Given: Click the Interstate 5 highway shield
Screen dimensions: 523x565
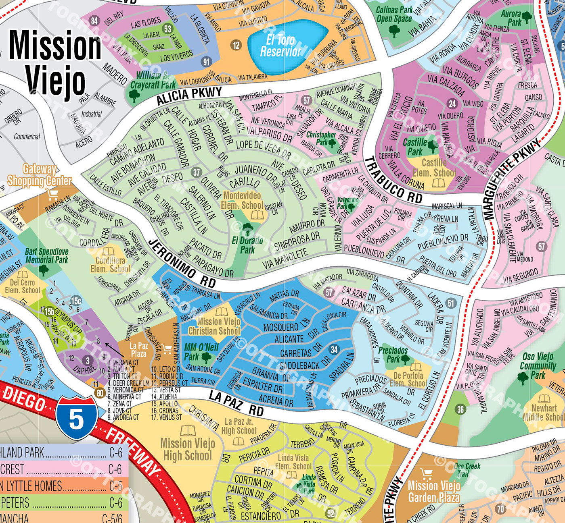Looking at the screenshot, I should pos(76,417).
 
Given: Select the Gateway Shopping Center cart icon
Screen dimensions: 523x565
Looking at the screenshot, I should pos(52,194).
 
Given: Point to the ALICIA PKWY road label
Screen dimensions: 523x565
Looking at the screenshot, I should pos(189,95).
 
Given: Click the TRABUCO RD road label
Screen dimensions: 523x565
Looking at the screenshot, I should pos(393,180).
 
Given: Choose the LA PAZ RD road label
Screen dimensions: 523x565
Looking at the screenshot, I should pos(236,404).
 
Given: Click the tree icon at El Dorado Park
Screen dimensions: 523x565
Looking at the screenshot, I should pos(247,230).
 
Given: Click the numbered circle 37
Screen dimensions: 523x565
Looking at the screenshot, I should pos(197,172).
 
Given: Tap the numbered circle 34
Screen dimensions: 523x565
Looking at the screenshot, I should pos(334,349).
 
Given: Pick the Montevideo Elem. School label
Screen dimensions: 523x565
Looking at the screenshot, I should pos(242,200).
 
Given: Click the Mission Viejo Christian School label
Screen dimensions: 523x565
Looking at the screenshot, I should pos(214,326).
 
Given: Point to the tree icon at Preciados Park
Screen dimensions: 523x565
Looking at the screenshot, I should pos(405,359).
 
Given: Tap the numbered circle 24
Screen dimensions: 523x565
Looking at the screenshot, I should pos(452,104).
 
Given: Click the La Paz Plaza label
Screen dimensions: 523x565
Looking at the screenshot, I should pos(138,349).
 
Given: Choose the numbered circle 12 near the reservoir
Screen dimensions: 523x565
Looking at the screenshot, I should pos(236,45).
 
